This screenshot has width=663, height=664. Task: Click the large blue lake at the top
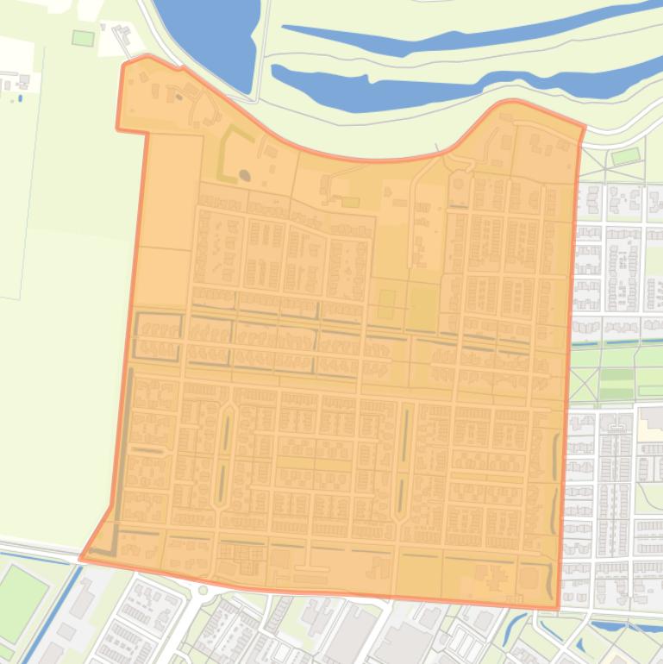pyautogui.click(x=207, y=34)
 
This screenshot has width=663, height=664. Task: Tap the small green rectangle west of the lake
pyautogui.click(x=83, y=38)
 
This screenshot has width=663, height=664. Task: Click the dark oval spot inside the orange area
pyautogui.click(x=244, y=176)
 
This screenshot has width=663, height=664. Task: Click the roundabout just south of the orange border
pyautogui.click(x=204, y=591)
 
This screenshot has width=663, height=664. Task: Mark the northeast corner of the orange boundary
pyautogui.click(x=585, y=127)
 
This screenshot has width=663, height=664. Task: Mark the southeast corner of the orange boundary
pyautogui.click(x=557, y=607)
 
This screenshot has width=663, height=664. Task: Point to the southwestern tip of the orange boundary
pyautogui.click(x=82, y=558)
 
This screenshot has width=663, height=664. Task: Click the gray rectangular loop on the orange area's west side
pyautogui.click(x=158, y=336)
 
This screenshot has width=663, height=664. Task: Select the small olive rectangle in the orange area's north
pyautogui.click(x=350, y=202)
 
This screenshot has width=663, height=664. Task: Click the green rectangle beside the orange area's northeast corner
pyautogui.click(x=626, y=156)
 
